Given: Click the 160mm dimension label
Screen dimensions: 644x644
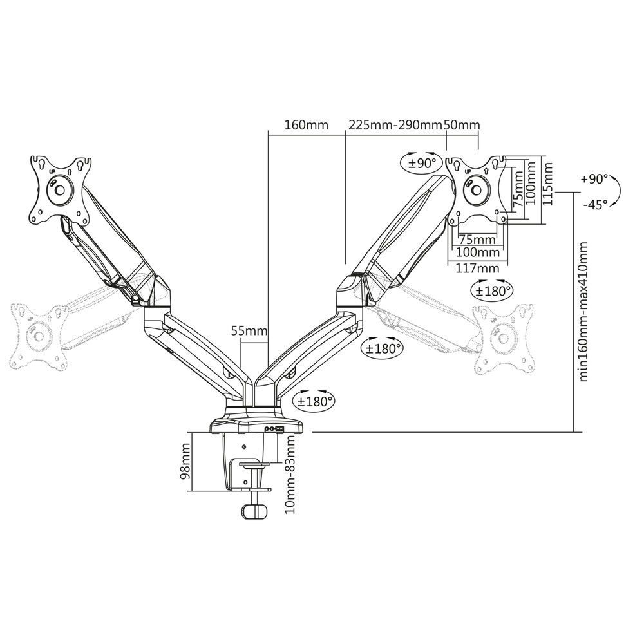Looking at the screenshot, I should pos(299,125).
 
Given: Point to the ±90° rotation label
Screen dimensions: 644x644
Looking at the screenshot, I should pos(422,163).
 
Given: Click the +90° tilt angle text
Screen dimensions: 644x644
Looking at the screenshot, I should pos(594,178).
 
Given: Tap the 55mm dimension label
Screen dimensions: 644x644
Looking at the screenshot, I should pos(249,331).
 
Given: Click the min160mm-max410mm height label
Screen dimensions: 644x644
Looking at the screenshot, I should pos(584,312).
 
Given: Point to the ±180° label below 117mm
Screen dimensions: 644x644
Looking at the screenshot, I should pos(493,290).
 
